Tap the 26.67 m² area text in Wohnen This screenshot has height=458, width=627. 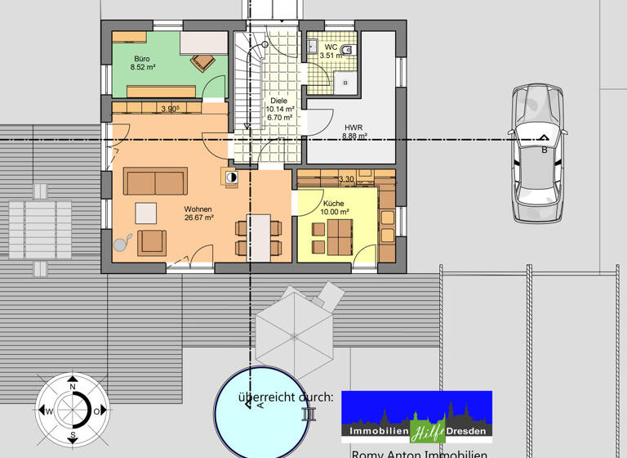(x=198, y=218)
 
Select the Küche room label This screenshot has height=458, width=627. (x=333, y=202)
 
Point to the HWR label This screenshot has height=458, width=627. (x=354, y=128)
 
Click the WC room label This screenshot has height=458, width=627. (x=331, y=47)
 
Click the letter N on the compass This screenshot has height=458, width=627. (x=73, y=386)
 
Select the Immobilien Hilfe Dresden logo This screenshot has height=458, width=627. (x=416, y=417)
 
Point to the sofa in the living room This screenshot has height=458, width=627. (x=155, y=181)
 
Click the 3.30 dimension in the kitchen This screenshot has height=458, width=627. (x=346, y=179)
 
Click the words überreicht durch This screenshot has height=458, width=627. (x=286, y=397)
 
